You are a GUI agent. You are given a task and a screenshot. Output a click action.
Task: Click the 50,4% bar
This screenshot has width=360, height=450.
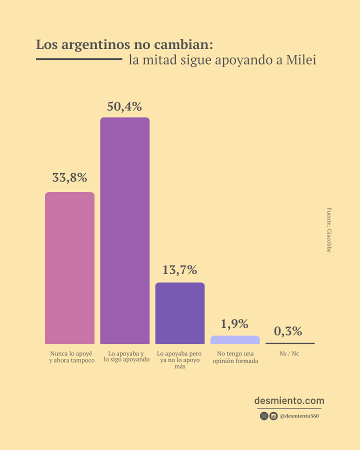click(125, 230)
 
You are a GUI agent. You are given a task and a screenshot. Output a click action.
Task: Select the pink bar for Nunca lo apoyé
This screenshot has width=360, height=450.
click(70, 268)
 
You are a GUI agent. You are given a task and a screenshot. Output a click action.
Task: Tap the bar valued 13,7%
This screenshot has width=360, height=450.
click(180, 313)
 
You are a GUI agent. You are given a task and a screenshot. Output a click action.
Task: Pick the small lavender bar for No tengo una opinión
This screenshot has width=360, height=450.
click(235, 340)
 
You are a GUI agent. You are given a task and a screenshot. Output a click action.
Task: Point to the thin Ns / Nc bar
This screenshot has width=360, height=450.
click(290, 343)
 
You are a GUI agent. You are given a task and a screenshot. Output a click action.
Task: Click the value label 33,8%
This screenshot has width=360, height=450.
click(70, 177)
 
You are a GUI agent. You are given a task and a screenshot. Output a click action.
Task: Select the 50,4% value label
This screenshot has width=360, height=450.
click(125, 106)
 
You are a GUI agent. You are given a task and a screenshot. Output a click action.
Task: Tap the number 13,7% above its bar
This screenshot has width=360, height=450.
click(180, 270)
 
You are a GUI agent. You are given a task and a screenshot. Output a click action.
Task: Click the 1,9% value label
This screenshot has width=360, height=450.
click(234, 324)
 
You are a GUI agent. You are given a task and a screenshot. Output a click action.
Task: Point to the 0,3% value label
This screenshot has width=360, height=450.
click(288, 331)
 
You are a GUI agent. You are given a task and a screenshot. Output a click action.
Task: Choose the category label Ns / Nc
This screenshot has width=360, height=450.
click(290, 354)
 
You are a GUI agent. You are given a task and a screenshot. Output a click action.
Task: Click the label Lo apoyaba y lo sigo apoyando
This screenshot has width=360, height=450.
click(125, 356)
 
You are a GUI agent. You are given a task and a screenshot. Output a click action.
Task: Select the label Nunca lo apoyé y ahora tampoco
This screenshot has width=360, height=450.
click(70, 356)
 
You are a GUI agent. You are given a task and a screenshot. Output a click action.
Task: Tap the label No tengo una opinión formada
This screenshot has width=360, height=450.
click(235, 357)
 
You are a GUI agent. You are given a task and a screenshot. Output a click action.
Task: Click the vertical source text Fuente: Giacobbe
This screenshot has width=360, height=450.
click(329, 230)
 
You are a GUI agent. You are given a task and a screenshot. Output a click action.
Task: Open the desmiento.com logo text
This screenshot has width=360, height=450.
click(289, 400)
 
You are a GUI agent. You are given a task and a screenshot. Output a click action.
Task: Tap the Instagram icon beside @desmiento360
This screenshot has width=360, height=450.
click(273, 416)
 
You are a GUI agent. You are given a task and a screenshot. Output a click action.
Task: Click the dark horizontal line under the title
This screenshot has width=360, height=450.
click(79, 59)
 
